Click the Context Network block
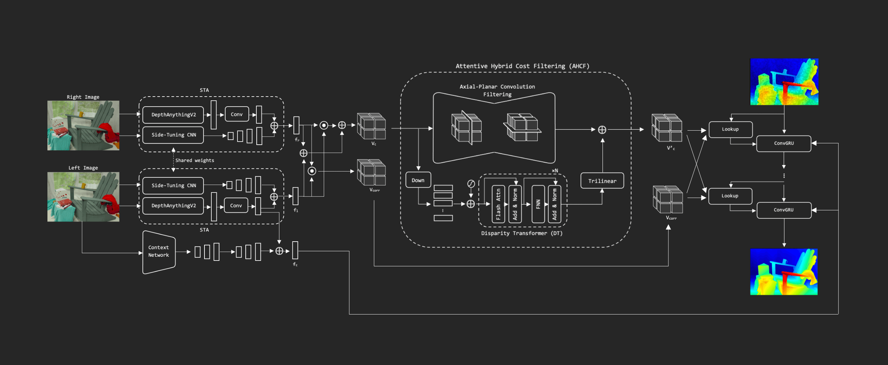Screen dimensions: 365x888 [159, 252]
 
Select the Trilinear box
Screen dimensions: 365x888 [602, 181]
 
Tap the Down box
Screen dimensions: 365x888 [418, 180]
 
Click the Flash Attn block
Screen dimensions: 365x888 [498, 204]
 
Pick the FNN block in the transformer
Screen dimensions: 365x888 [538, 204]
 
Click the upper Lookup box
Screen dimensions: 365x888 [730, 129]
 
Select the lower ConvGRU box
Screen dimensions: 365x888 [784, 210]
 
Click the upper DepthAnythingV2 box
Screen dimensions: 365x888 [174, 115]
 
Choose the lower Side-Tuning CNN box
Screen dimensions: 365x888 [174, 186]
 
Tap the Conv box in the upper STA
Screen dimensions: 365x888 [236, 114]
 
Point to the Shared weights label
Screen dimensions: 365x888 [195, 161]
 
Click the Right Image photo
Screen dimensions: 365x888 [83, 125]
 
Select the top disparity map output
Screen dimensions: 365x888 [784, 82]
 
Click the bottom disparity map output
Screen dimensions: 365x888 [784, 272]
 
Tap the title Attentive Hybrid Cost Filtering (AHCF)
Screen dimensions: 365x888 [522, 66]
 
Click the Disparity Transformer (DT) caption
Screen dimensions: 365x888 [522, 233]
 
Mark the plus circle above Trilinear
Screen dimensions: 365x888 [602, 130]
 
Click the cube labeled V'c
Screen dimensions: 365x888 [667, 128]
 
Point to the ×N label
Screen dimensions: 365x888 [555, 170]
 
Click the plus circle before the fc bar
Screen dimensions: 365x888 [279, 251]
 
